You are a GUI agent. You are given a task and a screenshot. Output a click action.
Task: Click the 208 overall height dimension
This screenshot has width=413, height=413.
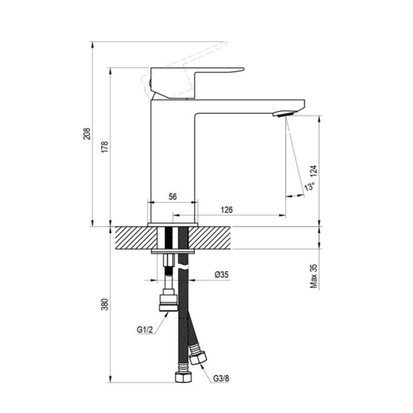87,134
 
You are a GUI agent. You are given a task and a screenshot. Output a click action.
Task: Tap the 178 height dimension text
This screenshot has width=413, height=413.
105,147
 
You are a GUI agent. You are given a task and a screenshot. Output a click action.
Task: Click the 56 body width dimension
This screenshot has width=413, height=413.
173,197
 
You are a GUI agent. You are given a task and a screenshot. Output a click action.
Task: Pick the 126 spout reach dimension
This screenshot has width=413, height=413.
227,210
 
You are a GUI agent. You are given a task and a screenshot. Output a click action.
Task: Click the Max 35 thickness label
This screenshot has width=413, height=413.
314,276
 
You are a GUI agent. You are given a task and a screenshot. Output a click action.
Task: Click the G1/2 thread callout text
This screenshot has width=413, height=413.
145,336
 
